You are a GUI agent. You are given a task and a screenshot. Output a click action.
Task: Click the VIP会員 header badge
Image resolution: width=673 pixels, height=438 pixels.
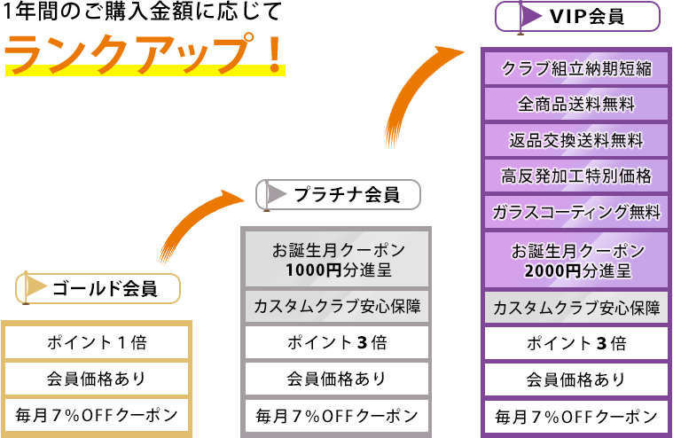click(577, 17)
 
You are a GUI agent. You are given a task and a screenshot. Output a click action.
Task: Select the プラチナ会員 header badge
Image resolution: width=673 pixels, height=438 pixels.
click(337, 194)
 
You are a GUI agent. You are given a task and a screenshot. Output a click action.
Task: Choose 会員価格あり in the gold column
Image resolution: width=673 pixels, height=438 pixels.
click(97, 379)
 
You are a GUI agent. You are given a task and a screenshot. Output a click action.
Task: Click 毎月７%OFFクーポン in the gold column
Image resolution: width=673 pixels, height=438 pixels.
click(97, 414)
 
